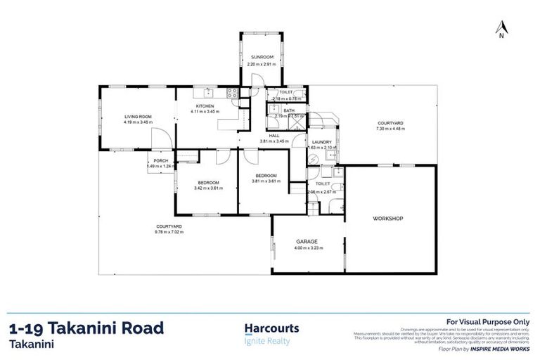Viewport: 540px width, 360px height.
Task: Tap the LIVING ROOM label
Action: click(x=138, y=117)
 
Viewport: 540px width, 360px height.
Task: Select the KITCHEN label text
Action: click(x=205, y=105)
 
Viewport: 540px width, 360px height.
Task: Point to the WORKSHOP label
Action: click(x=387, y=219)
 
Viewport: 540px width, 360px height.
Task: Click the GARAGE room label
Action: click(x=307, y=240)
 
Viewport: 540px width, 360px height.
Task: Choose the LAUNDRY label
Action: click(x=321, y=142)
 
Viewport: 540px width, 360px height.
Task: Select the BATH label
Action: click(x=289, y=110)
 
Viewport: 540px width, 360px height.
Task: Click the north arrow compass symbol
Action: click(x=501, y=29)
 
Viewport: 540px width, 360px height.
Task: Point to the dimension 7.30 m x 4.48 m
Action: click(x=392, y=129)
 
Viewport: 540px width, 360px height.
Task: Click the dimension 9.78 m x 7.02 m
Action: click(x=169, y=231)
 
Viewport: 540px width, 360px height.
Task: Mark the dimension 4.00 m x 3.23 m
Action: click(x=307, y=247)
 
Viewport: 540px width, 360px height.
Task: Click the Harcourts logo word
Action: click(x=271, y=328)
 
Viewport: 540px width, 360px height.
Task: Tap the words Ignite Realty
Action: click(x=266, y=341)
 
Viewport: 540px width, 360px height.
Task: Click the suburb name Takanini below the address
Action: click(x=33, y=345)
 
